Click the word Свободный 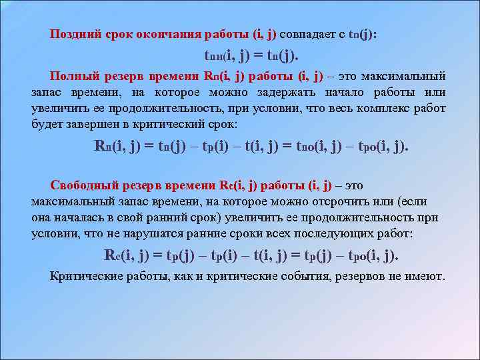(x=81, y=186)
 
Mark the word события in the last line (x=293, y=276)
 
